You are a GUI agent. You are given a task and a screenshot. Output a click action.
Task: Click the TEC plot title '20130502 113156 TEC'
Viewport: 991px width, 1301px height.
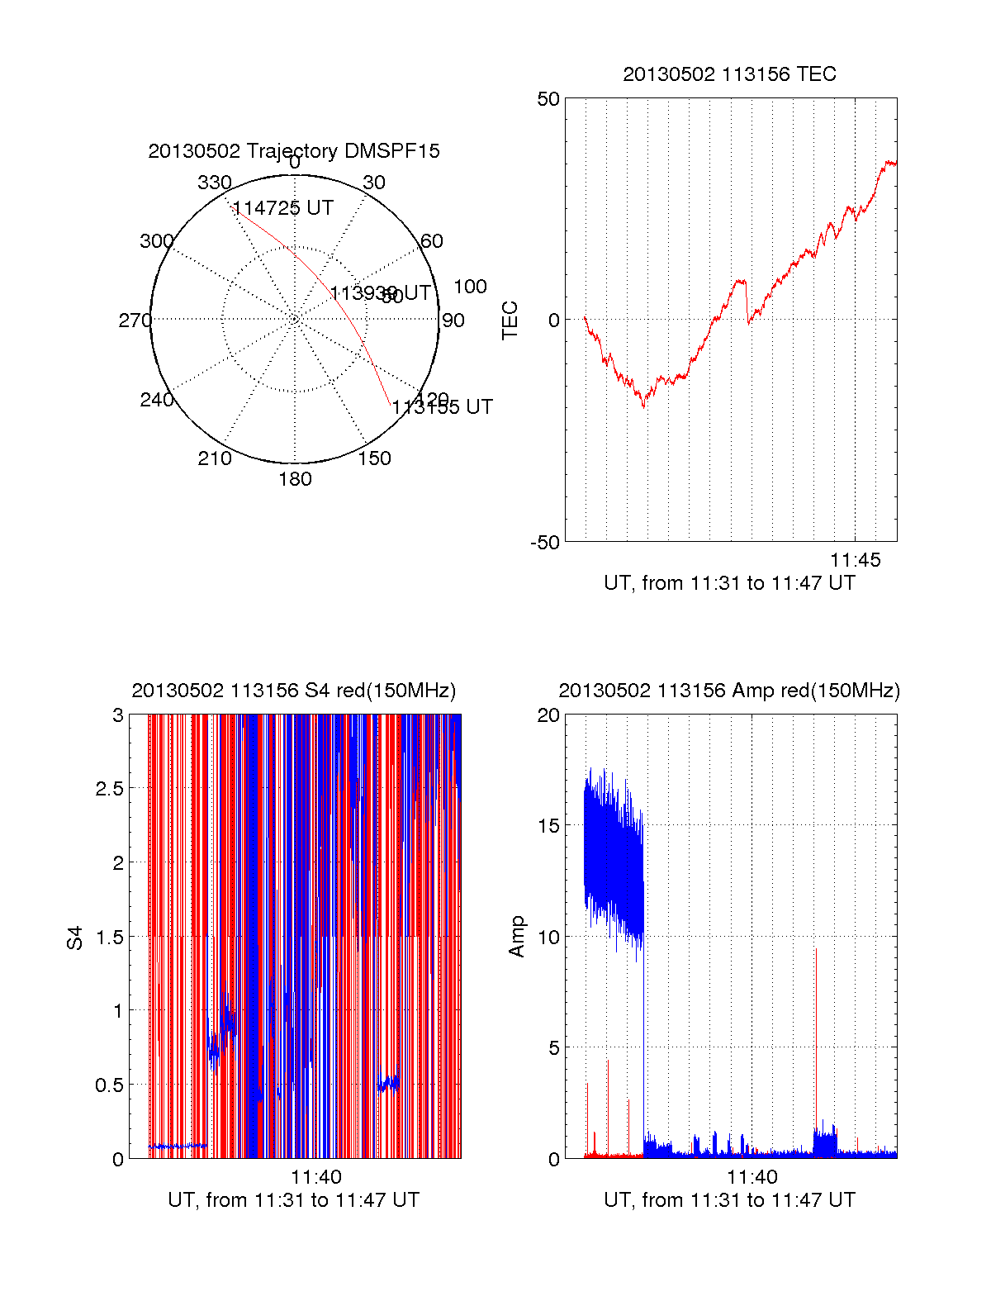[729, 74]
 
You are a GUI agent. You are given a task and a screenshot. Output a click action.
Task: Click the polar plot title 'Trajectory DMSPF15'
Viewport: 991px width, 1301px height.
[294, 151]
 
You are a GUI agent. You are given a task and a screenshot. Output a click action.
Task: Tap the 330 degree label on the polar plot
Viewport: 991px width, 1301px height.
[214, 183]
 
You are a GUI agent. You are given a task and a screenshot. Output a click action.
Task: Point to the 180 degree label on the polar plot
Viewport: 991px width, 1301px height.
[295, 479]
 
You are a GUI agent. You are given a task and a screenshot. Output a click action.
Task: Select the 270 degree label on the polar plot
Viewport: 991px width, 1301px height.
[135, 321]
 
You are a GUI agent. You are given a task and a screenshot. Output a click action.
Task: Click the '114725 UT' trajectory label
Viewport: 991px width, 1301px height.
[283, 208]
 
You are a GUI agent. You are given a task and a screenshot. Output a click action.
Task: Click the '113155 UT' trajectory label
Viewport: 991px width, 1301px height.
[442, 407]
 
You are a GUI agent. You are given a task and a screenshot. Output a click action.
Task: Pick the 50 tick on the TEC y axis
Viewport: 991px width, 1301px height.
[548, 99]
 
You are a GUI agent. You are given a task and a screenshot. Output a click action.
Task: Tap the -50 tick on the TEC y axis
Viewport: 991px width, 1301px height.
[545, 543]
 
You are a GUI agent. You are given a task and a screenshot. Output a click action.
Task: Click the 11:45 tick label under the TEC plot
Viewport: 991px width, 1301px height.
[856, 560]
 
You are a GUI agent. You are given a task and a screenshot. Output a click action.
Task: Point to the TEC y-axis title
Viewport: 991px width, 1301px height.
[510, 321]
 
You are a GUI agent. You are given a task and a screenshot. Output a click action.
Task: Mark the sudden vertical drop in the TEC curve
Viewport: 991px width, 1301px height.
[747, 302]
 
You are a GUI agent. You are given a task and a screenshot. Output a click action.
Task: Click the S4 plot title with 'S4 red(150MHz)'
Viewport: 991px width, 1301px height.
[294, 691]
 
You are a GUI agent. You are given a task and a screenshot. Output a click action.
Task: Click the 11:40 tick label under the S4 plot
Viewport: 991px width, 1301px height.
[316, 1177]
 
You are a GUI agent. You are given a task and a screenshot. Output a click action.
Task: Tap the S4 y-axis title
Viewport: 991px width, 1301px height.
[75, 938]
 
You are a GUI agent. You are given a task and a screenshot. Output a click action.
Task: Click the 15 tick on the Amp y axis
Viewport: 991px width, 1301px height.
[548, 826]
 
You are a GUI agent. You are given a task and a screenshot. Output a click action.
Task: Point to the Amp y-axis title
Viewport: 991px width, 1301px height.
[517, 937]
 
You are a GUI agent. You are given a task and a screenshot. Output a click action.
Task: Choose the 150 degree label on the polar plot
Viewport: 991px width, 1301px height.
[375, 458]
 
